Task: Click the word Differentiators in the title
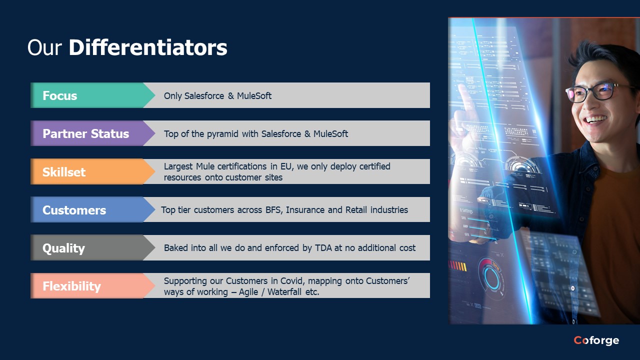[x=148, y=47]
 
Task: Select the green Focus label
[x=59, y=95]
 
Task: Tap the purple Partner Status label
[x=85, y=133]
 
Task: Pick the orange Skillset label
[x=64, y=171]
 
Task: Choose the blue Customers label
[x=74, y=210]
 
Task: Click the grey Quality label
[x=63, y=248]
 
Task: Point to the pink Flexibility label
[x=71, y=286]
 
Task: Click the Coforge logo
[x=596, y=340]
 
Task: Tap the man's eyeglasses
[x=597, y=92]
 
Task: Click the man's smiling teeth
[x=595, y=118]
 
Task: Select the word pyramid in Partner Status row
[x=222, y=134]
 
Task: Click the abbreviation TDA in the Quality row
[x=323, y=247]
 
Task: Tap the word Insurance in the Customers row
[x=305, y=209]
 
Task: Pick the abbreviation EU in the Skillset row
[x=286, y=166]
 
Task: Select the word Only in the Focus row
[x=172, y=96]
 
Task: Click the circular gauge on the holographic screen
[x=491, y=277]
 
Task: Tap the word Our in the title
[x=44, y=47]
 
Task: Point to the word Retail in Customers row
[x=356, y=209]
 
